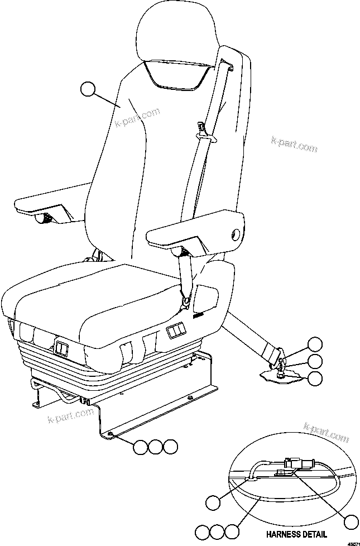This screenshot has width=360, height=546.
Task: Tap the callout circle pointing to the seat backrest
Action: (x=88, y=89)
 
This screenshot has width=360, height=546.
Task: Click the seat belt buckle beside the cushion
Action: (x=185, y=301)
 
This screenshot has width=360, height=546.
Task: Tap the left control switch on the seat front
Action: (x=61, y=350)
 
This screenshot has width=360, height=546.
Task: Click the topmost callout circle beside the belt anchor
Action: (x=315, y=344)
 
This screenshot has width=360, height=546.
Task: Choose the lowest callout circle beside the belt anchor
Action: (x=315, y=378)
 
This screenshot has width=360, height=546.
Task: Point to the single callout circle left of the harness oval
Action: (x=213, y=503)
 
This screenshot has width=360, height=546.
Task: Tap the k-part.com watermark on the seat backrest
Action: (x=137, y=117)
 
